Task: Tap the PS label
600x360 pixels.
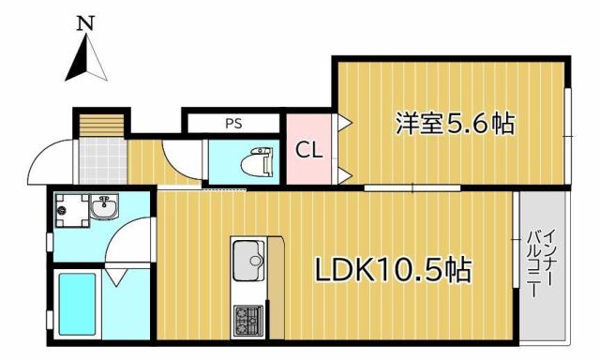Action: tap(232, 123)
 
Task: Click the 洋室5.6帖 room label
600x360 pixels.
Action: tap(455, 123)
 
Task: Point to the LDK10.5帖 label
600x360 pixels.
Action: tap(392, 271)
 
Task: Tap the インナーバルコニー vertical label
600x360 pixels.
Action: tap(543, 263)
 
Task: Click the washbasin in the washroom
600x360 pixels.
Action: tap(103, 208)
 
